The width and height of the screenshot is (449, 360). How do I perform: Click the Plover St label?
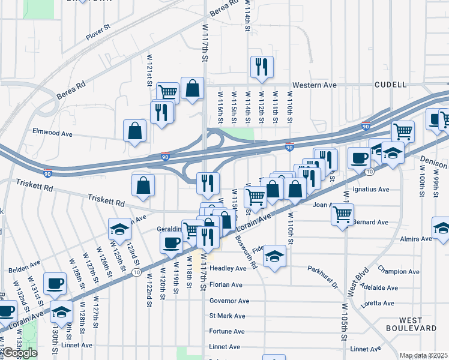click(99, 35)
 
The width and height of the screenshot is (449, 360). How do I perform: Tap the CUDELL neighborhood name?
click(391, 85)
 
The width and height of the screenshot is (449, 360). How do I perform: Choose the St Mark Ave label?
click(227, 316)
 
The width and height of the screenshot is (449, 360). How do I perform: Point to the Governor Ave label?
click(229, 301)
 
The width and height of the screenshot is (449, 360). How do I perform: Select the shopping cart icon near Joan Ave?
click(342, 214)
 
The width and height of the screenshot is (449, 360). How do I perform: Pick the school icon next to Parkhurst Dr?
click(274, 257)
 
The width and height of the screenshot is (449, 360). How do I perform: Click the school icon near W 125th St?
click(119, 229)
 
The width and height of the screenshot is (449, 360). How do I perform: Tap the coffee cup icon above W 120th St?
click(171, 243)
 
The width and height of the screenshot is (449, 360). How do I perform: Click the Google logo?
click(20, 353)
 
